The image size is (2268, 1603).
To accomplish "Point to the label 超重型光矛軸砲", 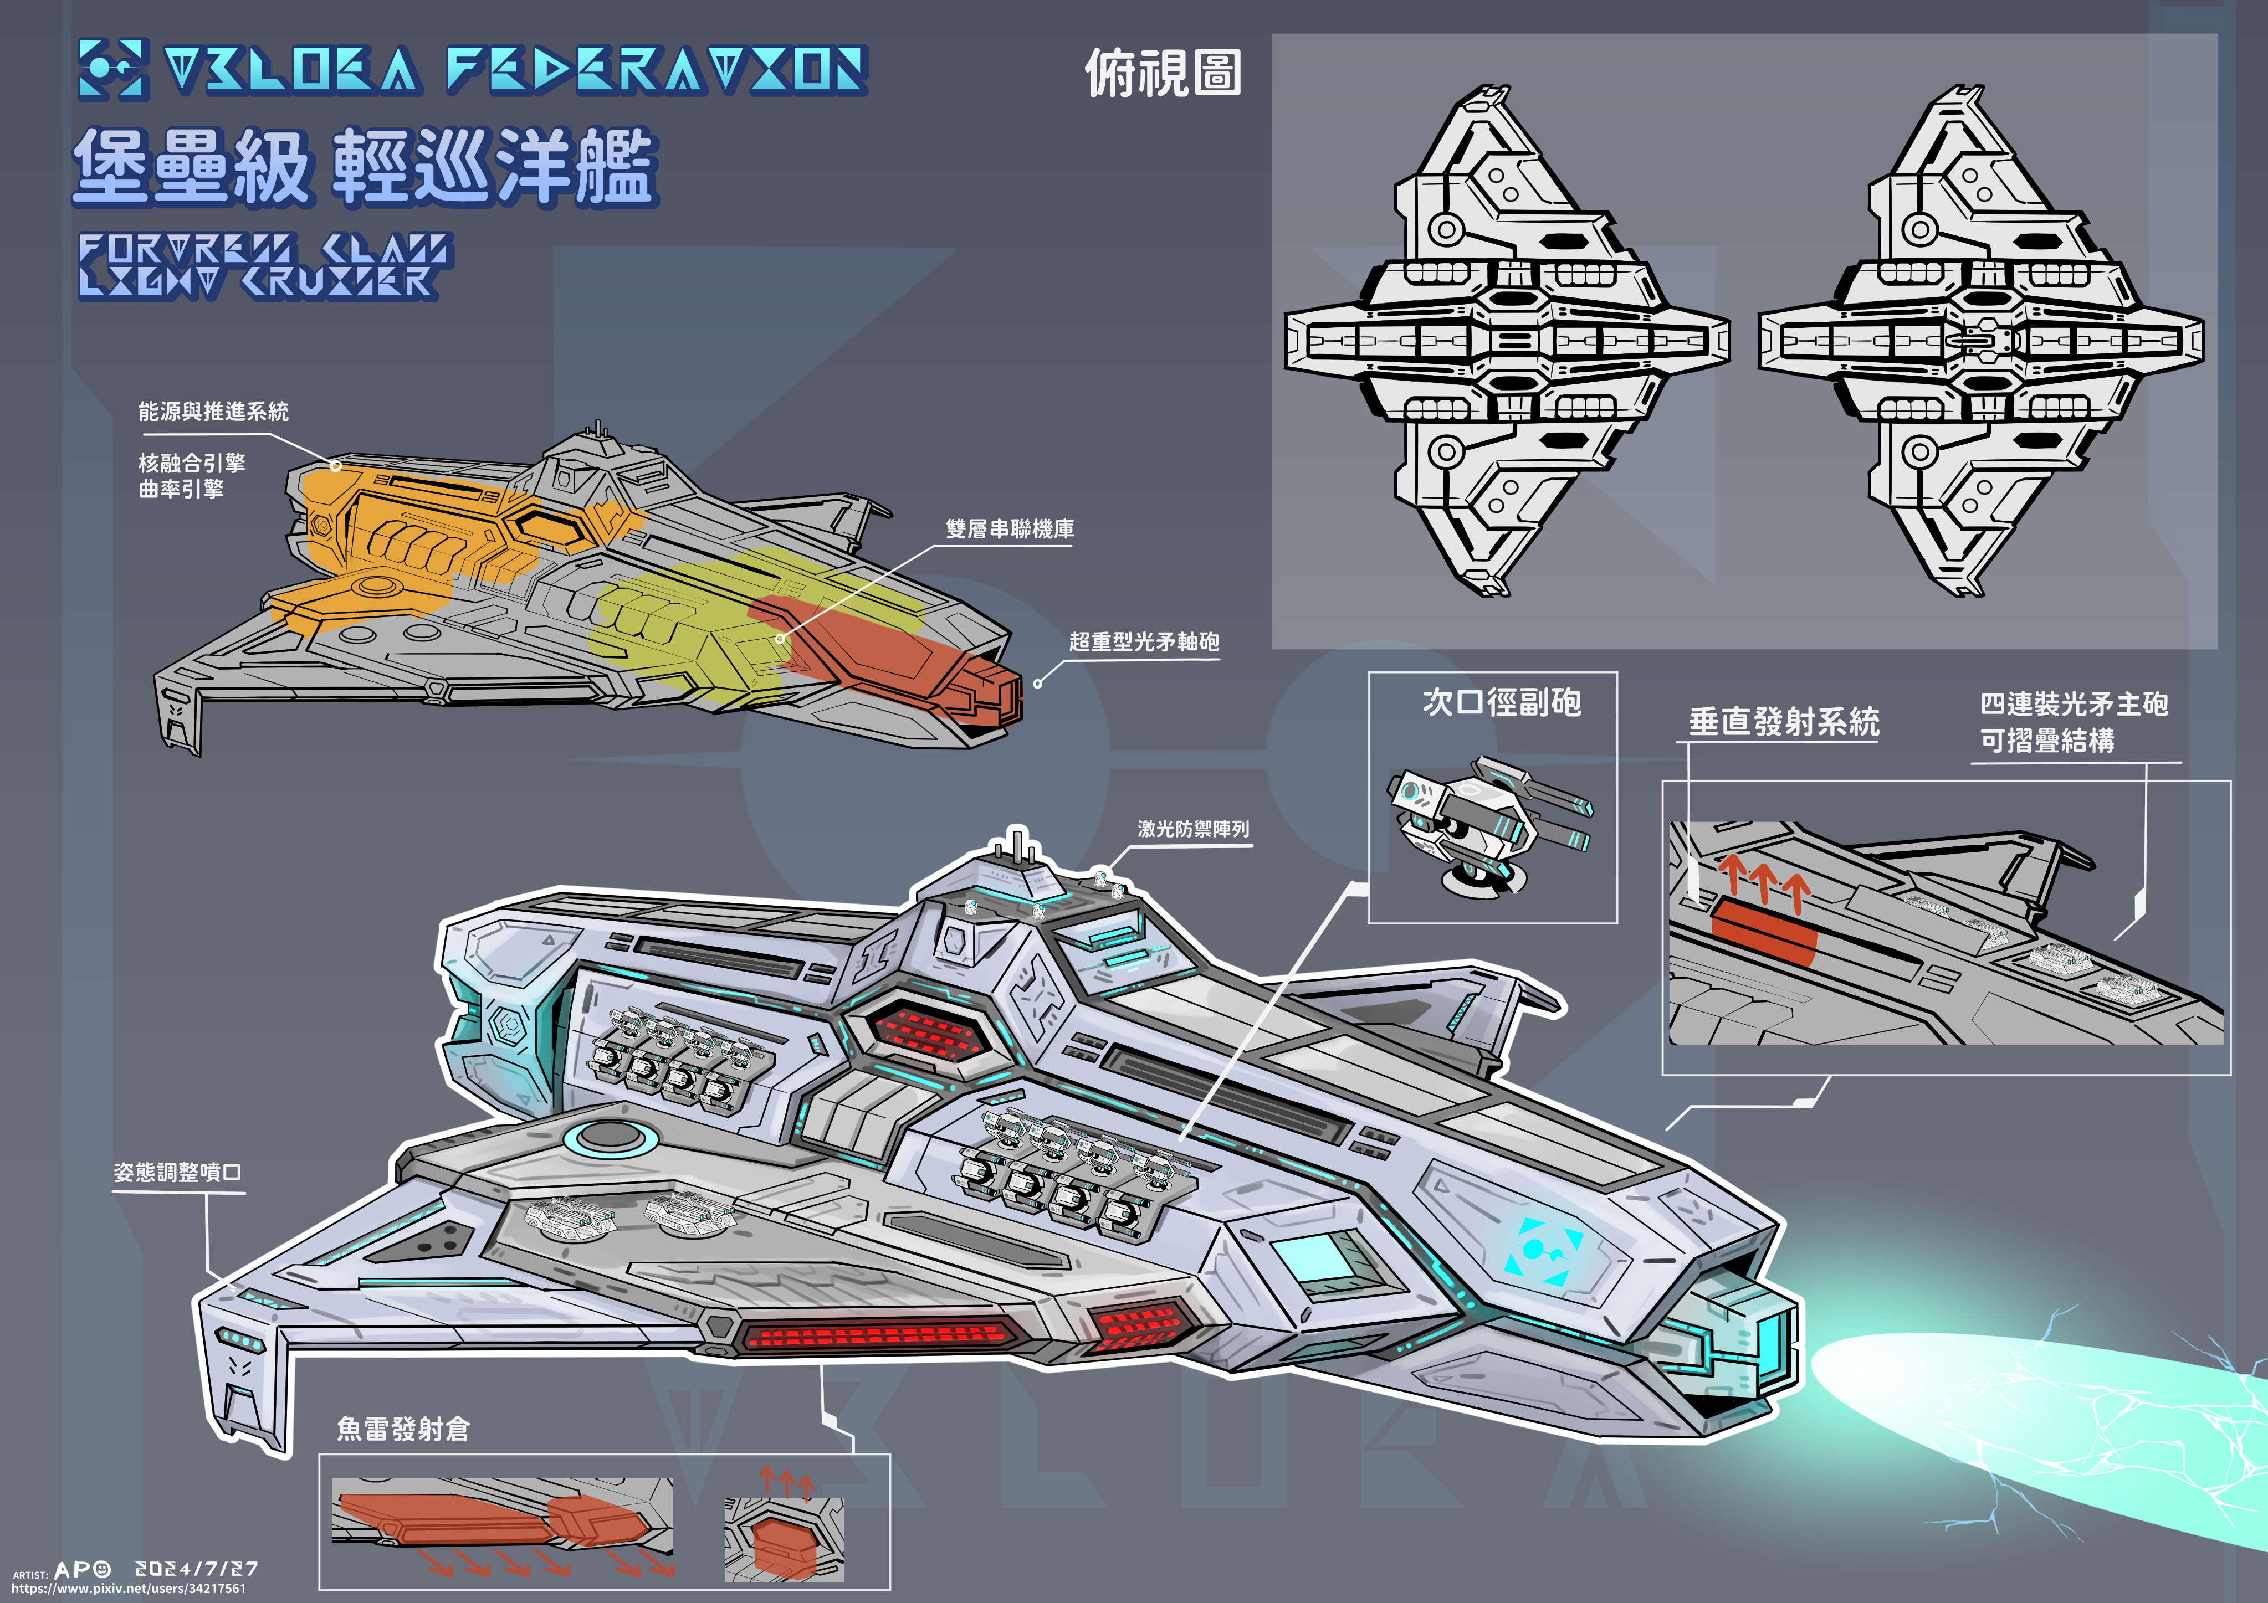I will (1144, 642).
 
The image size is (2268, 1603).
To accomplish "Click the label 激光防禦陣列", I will (1193, 829).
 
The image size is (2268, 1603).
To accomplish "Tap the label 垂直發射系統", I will (1784, 722).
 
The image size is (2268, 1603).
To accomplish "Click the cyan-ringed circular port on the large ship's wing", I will (610, 1137).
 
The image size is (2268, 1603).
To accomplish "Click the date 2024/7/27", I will (197, 1569).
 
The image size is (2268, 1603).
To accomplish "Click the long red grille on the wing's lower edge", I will (875, 1337).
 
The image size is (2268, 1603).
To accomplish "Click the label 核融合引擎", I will (192, 462).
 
